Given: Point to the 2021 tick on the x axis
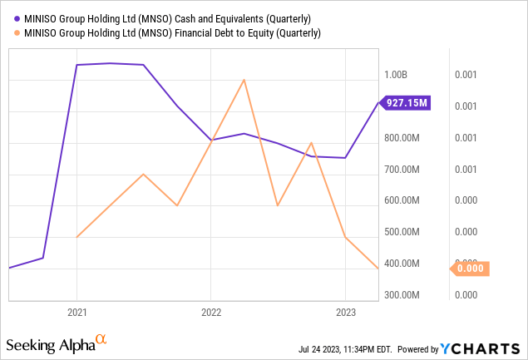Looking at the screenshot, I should (76, 312).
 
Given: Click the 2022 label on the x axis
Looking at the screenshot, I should (211, 312).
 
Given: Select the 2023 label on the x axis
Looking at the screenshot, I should (346, 312).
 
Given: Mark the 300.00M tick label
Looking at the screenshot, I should (402, 295).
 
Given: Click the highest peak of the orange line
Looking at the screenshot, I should (244, 80).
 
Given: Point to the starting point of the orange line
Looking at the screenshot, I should (76, 238).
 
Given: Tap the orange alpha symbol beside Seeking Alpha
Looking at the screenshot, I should (101, 339).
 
